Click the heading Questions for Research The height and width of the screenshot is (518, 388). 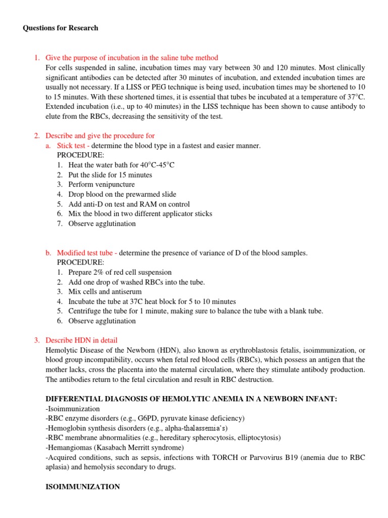click(x=61, y=28)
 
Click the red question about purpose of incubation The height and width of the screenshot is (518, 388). click(x=131, y=58)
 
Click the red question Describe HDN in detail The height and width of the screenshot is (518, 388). click(x=81, y=340)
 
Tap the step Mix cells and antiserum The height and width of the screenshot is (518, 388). click(x=105, y=292)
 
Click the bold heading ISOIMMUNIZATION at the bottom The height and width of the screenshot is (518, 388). click(x=83, y=487)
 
